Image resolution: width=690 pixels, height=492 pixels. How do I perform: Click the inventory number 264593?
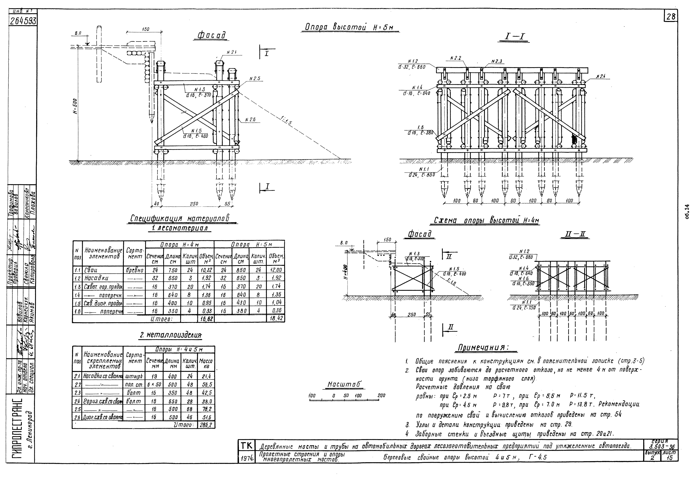pyautogui.click(x=22, y=21)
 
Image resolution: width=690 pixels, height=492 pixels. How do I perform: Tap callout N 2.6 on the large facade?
pyautogui.click(x=250, y=120)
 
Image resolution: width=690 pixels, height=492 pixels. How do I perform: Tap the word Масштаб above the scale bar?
pyautogui.click(x=345, y=385)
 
